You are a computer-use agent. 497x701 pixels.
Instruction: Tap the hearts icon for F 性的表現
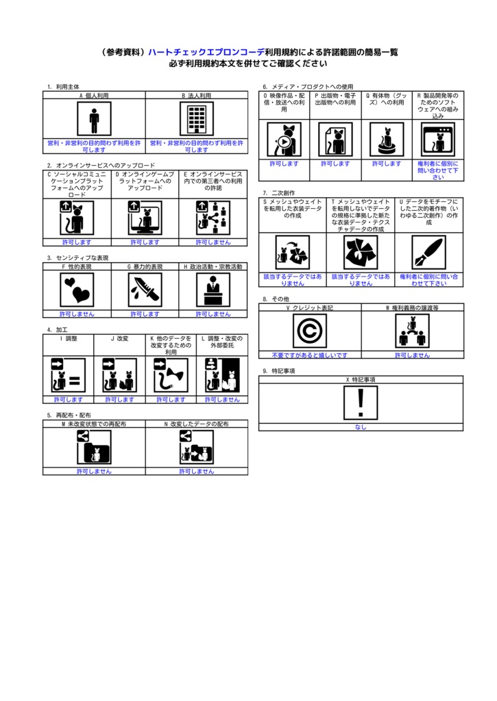coord(77,290)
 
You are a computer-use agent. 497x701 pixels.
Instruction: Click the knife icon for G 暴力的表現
coord(145,290)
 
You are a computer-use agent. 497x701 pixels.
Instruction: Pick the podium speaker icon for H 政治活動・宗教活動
coord(213,290)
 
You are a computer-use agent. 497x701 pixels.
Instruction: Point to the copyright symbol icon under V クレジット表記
coord(309,331)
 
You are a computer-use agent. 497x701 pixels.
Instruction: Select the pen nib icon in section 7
coord(428,253)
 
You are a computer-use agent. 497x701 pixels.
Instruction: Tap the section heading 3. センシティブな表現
coord(77,258)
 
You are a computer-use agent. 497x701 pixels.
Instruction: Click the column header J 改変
coord(119,338)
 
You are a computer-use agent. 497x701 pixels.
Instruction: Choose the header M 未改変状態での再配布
coord(94,424)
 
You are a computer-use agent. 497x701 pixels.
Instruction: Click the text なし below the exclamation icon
coord(361,427)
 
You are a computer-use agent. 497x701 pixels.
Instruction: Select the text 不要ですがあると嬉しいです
coord(309,355)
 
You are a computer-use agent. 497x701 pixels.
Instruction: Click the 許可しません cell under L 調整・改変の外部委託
coord(222,399)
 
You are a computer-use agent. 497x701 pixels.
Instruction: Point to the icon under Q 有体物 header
coord(386,140)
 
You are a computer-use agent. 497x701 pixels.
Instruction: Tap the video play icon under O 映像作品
coord(283,140)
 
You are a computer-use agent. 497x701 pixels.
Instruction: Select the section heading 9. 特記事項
coord(278,370)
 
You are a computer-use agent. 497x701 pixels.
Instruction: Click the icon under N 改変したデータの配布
coord(196,448)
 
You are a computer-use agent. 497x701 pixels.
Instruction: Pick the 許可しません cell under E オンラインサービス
coord(213,242)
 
